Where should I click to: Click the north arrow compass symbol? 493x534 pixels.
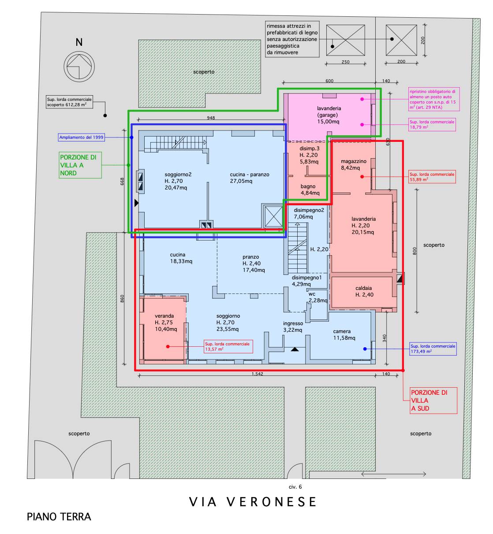pyautogui.click(x=79, y=67)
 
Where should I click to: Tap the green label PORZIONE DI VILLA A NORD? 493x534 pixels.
pyautogui.click(x=80, y=165)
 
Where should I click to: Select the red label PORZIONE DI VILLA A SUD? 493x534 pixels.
pyautogui.click(x=433, y=400)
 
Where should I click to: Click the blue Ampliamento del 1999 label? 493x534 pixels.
pyautogui.click(x=81, y=137)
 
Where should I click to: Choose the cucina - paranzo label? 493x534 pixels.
pyautogui.click(x=250, y=178)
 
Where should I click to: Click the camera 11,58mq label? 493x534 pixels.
pyautogui.click(x=344, y=335)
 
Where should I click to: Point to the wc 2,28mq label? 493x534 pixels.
pyautogui.click(x=317, y=297)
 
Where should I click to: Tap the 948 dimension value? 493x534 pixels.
pyautogui.click(x=211, y=118)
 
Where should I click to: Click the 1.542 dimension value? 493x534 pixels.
pyautogui.click(x=257, y=374)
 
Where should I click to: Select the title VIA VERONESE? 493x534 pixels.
pyautogui.click(x=253, y=502)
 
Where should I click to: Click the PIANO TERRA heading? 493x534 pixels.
pyautogui.click(x=59, y=517)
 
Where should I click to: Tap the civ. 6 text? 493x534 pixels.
pyautogui.click(x=295, y=487)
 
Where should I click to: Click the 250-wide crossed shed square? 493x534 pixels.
pyautogui.click(x=346, y=41)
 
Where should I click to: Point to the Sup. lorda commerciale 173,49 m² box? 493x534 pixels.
pyautogui.click(x=433, y=349)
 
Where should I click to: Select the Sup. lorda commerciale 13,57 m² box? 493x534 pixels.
pyautogui.click(x=228, y=347)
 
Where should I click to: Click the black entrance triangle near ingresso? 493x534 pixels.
pyautogui.click(x=295, y=349)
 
